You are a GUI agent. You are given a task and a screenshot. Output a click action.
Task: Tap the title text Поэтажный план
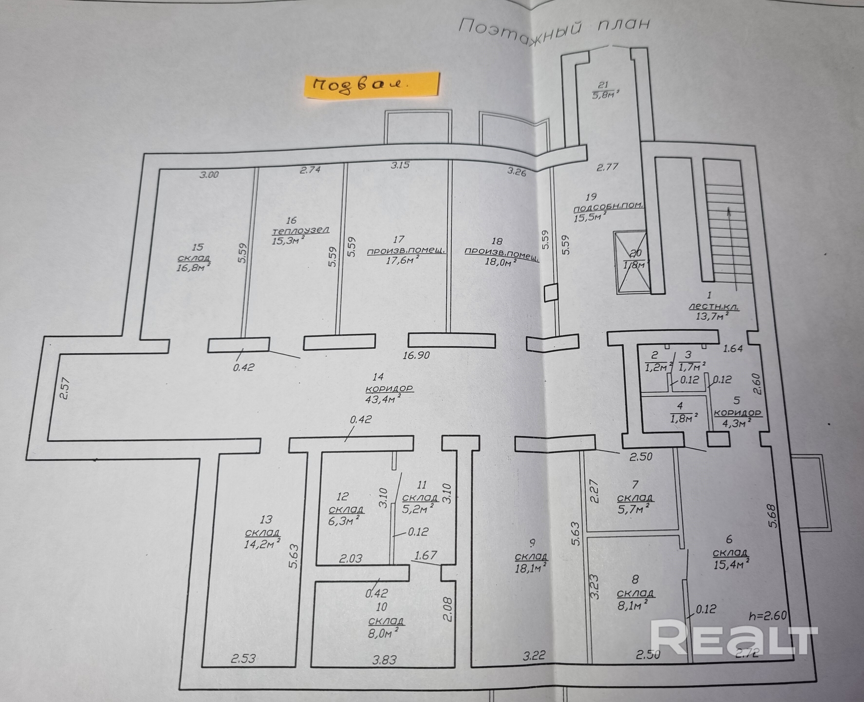(554, 28)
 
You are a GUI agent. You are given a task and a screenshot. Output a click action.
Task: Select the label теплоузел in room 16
(301, 231)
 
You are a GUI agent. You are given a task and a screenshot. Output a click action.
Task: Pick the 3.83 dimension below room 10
(384, 660)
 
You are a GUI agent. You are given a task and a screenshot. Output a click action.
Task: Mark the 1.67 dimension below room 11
(426, 555)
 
